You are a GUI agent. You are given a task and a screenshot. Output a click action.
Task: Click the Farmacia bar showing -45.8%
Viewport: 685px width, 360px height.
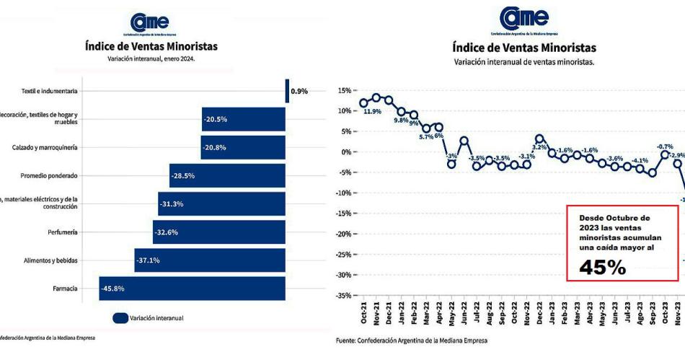(x=192, y=289)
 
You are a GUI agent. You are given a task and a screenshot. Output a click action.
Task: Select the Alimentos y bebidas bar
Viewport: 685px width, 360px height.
(x=209, y=260)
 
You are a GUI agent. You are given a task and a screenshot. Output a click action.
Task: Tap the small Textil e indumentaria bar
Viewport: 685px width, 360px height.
(x=286, y=91)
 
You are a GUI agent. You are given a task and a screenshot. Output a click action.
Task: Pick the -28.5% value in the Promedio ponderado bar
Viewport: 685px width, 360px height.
(x=182, y=175)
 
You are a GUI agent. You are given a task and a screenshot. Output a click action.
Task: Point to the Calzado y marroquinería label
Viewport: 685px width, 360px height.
(x=44, y=147)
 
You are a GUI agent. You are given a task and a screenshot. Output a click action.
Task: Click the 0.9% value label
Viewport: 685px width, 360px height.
(x=299, y=92)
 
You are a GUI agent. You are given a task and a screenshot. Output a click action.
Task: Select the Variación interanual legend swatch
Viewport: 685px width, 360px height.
(x=120, y=317)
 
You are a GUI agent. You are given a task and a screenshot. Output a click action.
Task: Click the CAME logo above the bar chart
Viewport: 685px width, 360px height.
(x=150, y=22)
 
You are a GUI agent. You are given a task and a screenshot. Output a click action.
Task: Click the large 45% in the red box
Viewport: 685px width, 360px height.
(x=603, y=267)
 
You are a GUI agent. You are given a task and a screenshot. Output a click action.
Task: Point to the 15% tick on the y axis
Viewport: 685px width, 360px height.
(x=343, y=91)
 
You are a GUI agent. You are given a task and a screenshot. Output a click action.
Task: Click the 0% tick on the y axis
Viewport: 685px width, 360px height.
(x=345, y=152)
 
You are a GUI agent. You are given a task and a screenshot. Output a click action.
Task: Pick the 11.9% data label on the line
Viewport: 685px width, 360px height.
(x=372, y=112)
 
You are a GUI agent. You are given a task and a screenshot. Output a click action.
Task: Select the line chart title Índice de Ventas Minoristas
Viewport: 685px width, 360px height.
(x=523, y=48)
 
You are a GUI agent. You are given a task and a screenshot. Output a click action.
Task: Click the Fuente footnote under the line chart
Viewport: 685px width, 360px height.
(x=412, y=341)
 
